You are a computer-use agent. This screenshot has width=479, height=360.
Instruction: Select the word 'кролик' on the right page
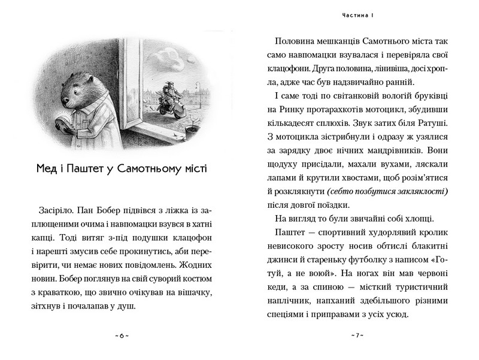433,233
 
